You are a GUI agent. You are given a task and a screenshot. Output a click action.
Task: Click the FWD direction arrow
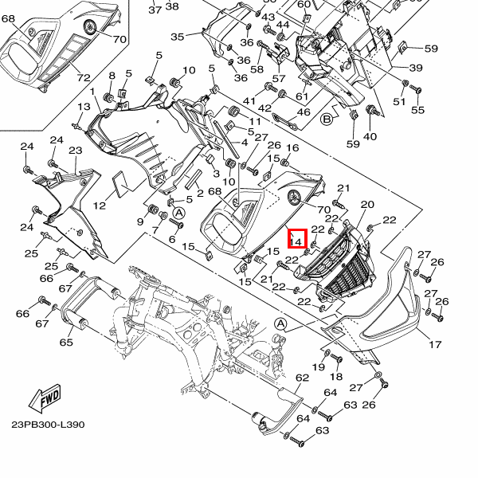pos(45,399)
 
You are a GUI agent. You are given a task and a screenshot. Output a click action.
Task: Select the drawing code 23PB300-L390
pos(48,425)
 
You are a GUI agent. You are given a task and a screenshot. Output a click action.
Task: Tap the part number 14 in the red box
pos(296,241)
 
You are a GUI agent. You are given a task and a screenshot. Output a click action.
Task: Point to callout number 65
pos(66,342)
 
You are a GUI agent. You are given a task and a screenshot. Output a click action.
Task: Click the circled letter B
pos(327,119)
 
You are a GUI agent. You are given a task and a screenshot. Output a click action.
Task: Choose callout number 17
pos(435,344)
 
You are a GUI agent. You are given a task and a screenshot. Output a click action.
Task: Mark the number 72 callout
pos(84,78)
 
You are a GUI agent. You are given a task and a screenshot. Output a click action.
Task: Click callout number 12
pos(99,206)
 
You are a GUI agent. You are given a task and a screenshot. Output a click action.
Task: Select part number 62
pos(302,378)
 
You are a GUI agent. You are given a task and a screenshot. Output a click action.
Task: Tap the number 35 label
pos(177,37)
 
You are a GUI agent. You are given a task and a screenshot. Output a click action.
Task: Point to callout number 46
pos(304,112)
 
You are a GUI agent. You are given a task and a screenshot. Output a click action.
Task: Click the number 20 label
pos(367,204)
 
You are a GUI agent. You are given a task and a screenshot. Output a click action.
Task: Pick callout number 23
pos(76,151)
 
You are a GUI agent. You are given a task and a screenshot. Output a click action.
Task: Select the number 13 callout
pos(84,107)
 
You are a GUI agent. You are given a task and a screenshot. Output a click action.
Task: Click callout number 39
pos(416,68)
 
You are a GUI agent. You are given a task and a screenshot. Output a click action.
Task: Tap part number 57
pos(278,79)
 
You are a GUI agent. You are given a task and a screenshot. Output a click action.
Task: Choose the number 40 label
pos(370,136)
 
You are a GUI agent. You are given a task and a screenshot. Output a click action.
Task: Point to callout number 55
pos(417,110)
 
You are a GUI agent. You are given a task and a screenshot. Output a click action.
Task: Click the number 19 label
pos(319,366)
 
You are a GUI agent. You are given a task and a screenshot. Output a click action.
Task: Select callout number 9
pos(140,221)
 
